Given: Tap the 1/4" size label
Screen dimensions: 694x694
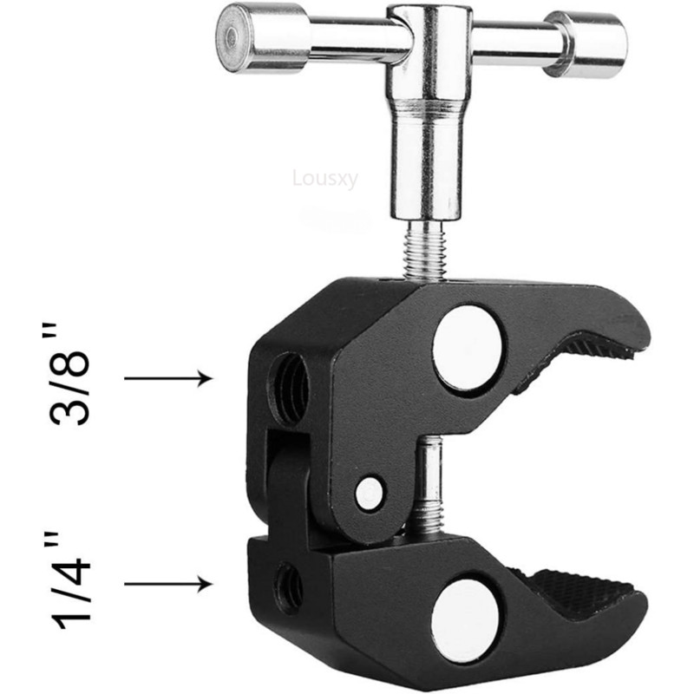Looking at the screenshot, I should tap(71, 584).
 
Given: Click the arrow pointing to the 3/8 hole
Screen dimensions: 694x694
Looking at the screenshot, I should tap(168, 378).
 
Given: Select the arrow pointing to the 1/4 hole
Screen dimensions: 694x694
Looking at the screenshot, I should tap(168, 584).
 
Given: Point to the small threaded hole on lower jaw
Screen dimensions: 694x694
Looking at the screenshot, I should tap(288, 584).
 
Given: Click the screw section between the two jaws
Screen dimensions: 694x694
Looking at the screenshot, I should tap(427, 486).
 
